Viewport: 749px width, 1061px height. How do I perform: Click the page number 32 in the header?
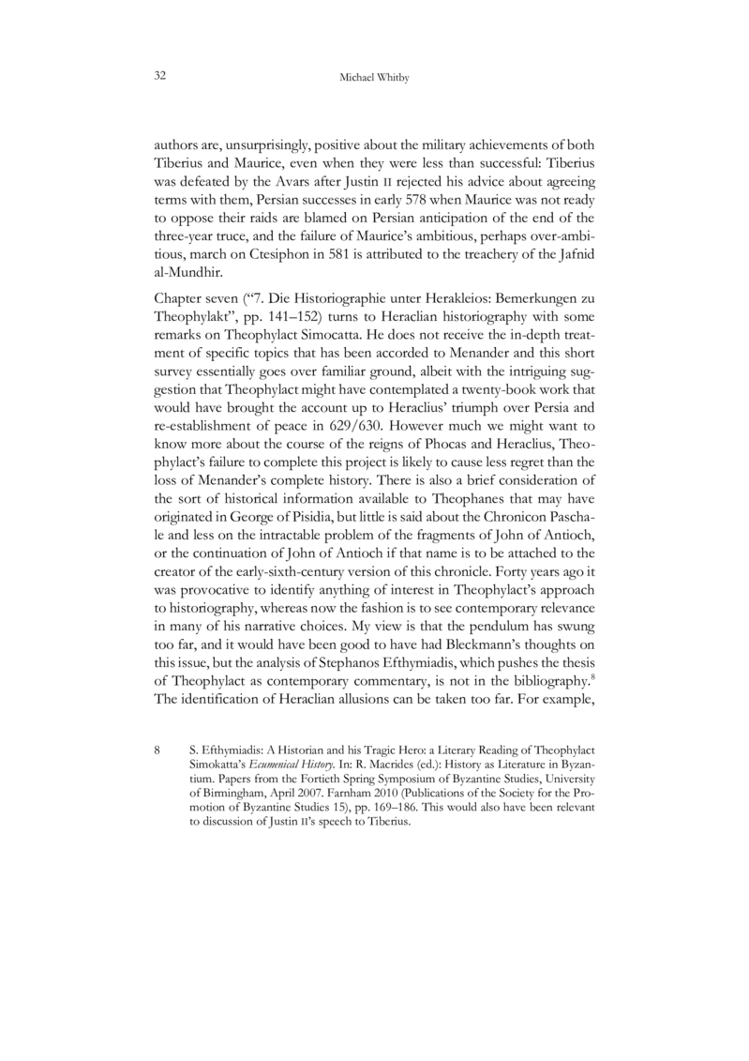click(159, 75)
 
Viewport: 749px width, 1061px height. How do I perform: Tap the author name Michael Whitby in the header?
click(374, 76)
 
